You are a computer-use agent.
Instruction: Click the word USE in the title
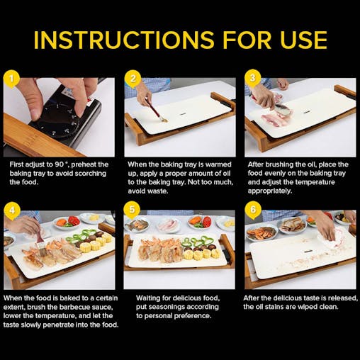click(x=300, y=40)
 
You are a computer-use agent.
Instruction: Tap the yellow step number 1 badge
click(x=9, y=77)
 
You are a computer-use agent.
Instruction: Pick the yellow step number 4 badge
click(x=9, y=210)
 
